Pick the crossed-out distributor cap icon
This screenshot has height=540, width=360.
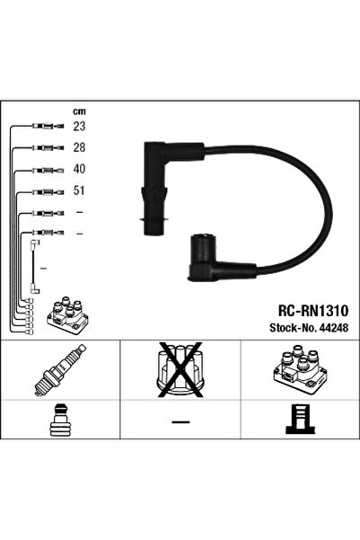[x=180, y=371]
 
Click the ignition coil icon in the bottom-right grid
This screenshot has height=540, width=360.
[x=300, y=372]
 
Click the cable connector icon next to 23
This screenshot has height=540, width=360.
[x=44, y=127]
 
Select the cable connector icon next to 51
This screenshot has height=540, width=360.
[x=44, y=190]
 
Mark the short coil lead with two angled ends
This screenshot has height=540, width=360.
[x=35, y=265]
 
